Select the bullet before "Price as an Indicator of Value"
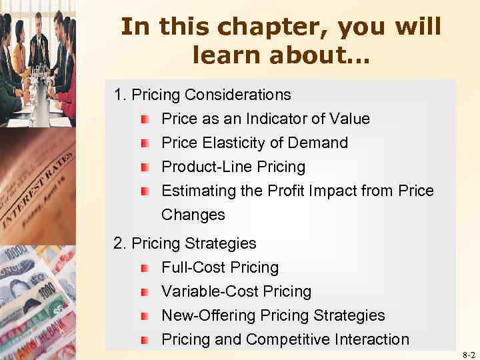(x=145, y=119)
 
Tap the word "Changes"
(x=193, y=215)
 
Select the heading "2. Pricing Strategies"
(x=185, y=244)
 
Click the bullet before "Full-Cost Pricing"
(x=145, y=268)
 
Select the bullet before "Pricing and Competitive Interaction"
(x=145, y=340)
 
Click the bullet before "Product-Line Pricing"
(x=145, y=167)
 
